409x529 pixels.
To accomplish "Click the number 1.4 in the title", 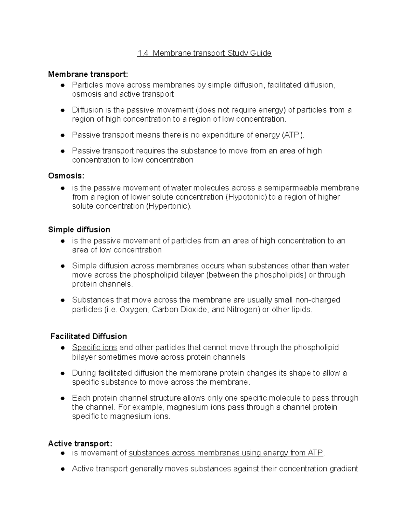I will coord(143,53).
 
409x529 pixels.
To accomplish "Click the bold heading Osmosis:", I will coord(66,176).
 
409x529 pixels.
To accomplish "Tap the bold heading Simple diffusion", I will coord(79,230).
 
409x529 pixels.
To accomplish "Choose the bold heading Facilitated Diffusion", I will coord(89,337).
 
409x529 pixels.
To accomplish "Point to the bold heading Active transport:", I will coord(80,444).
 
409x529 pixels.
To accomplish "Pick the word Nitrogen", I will coord(243,310).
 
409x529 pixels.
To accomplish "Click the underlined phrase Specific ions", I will coord(94,348).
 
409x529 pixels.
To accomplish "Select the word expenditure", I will coord(222,135).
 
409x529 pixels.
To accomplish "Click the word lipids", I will coord(300,310).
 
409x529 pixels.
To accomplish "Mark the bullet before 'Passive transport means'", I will coord(62,135).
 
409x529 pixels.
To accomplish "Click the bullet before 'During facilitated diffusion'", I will coord(62,373).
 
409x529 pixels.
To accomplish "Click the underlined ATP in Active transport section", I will coord(315,453).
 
